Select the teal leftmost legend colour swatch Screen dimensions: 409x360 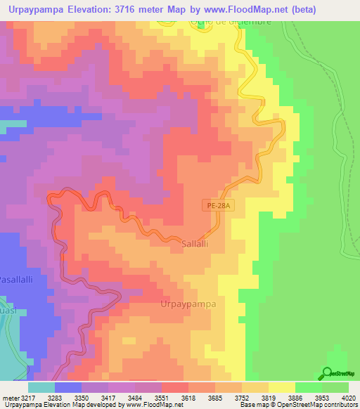click(x=41, y=387)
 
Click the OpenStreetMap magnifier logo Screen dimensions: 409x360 click(x=328, y=373)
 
